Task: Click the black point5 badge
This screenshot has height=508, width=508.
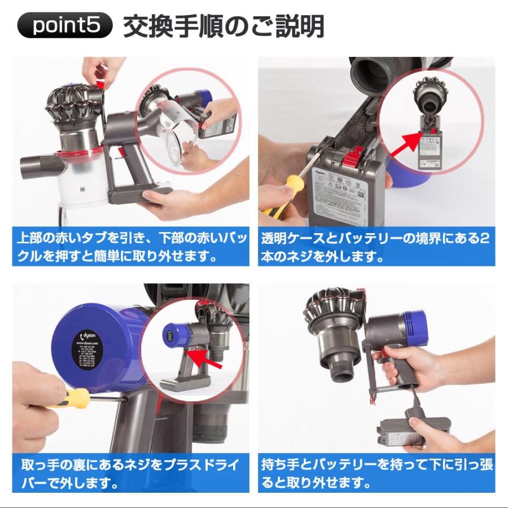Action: [65, 27]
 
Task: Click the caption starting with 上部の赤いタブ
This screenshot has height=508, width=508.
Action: [130, 246]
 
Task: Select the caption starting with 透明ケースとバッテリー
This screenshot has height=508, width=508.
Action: [376, 246]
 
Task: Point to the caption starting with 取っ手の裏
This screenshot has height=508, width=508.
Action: [130, 475]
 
